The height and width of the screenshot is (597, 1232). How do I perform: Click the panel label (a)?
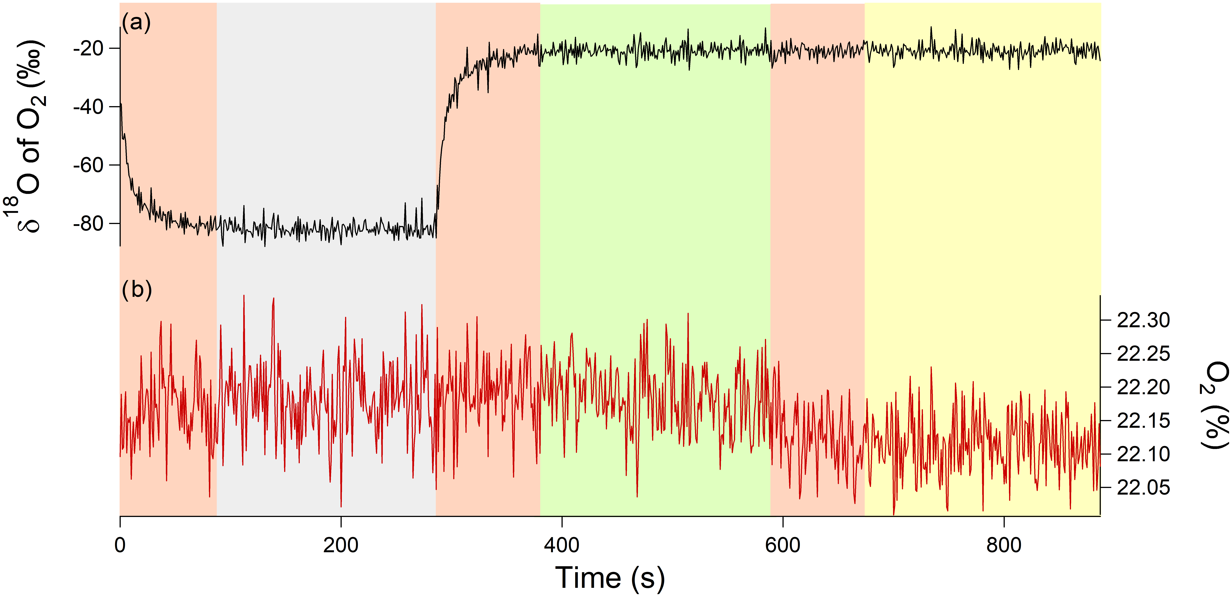click(x=136, y=22)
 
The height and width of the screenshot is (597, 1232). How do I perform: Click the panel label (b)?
click(x=137, y=290)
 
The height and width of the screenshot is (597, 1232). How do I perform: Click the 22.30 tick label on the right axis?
click(x=1143, y=320)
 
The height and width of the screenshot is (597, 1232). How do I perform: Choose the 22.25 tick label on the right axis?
click(x=1143, y=354)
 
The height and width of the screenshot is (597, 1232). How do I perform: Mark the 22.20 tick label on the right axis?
click(x=1143, y=387)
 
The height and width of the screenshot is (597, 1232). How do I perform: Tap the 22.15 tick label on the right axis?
click(x=1143, y=421)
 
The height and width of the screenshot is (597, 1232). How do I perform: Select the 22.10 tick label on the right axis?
click(x=1143, y=454)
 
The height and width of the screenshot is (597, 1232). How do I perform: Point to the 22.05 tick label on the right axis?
click(x=1143, y=487)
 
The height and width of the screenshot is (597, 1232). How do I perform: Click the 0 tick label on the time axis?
click(x=120, y=545)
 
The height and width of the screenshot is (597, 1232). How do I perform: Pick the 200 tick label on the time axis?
click(x=341, y=545)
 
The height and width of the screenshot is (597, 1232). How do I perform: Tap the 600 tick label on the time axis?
click(x=783, y=545)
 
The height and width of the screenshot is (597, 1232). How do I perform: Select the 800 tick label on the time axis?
click(x=1004, y=545)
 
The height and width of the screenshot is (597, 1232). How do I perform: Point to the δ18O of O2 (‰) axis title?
click(x=30, y=136)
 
